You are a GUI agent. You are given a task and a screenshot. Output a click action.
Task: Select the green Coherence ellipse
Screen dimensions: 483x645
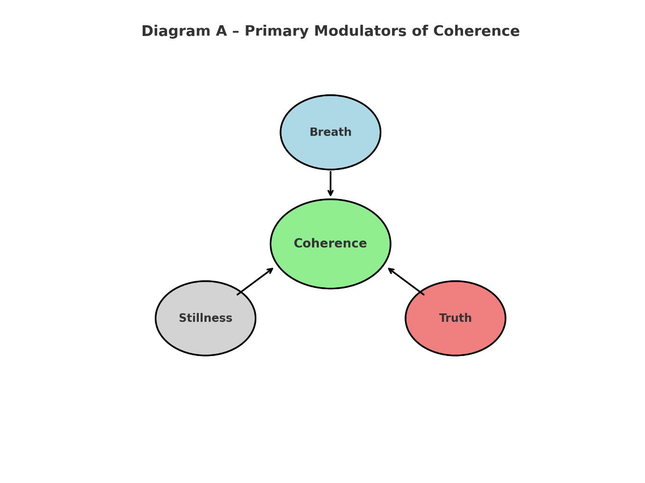click(x=330, y=266)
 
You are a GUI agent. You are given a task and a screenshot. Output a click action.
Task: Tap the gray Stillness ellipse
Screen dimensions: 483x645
click(x=205, y=336)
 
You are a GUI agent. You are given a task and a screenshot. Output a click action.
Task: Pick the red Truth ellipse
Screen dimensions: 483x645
click(x=455, y=336)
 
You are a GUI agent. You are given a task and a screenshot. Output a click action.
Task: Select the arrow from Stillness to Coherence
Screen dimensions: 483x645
click(x=254, y=282)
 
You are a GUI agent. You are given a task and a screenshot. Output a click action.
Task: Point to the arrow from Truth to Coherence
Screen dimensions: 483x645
click(x=406, y=282)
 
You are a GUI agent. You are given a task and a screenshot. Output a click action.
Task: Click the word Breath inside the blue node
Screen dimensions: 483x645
click(x=330, y=132)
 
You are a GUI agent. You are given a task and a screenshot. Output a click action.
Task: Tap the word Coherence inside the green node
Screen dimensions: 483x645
click(x=330, y=243)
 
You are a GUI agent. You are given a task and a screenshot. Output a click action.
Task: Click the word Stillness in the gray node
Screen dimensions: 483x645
click(x=205, y=318)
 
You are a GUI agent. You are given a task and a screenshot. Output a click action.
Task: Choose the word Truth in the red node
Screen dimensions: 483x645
click(x=455, y=318)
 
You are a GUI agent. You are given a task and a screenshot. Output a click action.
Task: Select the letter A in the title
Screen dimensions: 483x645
click(x=221, y=31)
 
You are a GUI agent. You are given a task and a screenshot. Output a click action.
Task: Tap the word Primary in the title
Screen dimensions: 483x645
click(x=276, y=31)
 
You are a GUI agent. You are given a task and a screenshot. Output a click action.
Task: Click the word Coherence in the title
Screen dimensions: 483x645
click(x=476, y=31)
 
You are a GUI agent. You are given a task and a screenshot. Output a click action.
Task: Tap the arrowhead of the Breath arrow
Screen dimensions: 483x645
click(x=330, y=193)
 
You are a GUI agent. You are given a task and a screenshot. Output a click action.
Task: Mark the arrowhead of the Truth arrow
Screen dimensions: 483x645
click(x=391, y=270)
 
